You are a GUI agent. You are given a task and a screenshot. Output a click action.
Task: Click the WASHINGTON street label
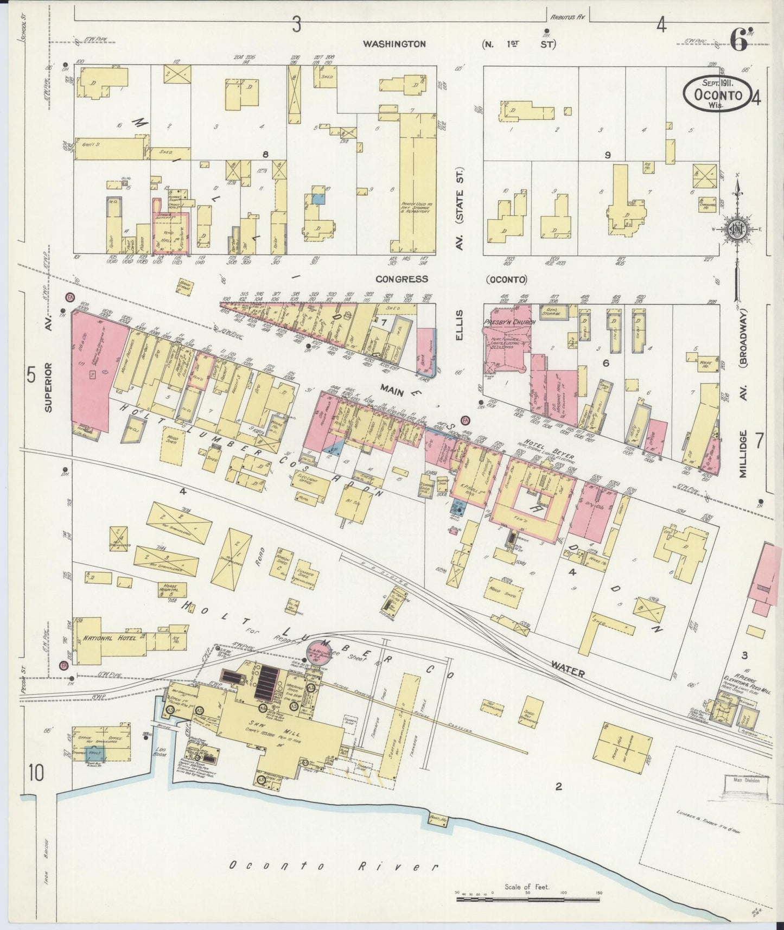tap(394, 44)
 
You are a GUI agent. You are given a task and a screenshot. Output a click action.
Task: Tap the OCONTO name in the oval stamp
tap(718, 94)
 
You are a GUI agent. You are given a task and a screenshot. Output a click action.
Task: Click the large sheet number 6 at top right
tap(738, 40)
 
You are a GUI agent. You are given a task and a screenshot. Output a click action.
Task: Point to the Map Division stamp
tap(746, 780)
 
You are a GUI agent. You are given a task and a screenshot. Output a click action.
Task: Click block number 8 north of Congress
tap(265, 154)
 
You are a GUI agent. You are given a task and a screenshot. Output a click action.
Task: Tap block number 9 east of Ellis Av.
tap(608, 155)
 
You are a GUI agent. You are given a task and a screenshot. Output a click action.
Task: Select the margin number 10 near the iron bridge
tap(36, 773)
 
